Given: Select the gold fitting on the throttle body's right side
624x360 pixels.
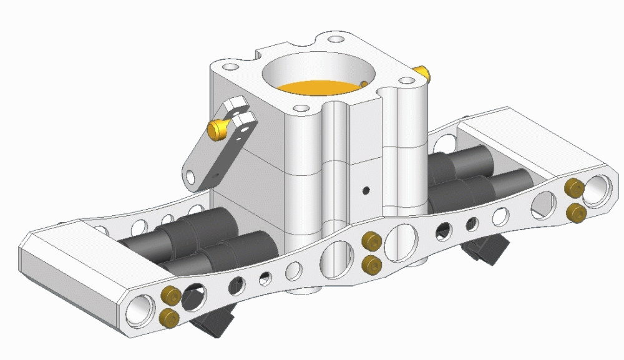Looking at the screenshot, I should [x=424, y=73].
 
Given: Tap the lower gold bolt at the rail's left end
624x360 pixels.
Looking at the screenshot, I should [x=168, y=316].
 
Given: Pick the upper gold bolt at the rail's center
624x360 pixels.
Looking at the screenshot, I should [x=372, y=241].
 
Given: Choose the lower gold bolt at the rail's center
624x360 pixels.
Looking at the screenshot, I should [x=372, y=263].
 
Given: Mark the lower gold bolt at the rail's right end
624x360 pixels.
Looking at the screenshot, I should [x=575, y=213].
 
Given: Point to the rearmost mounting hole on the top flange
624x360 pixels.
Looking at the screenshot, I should [x=336, y=39].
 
